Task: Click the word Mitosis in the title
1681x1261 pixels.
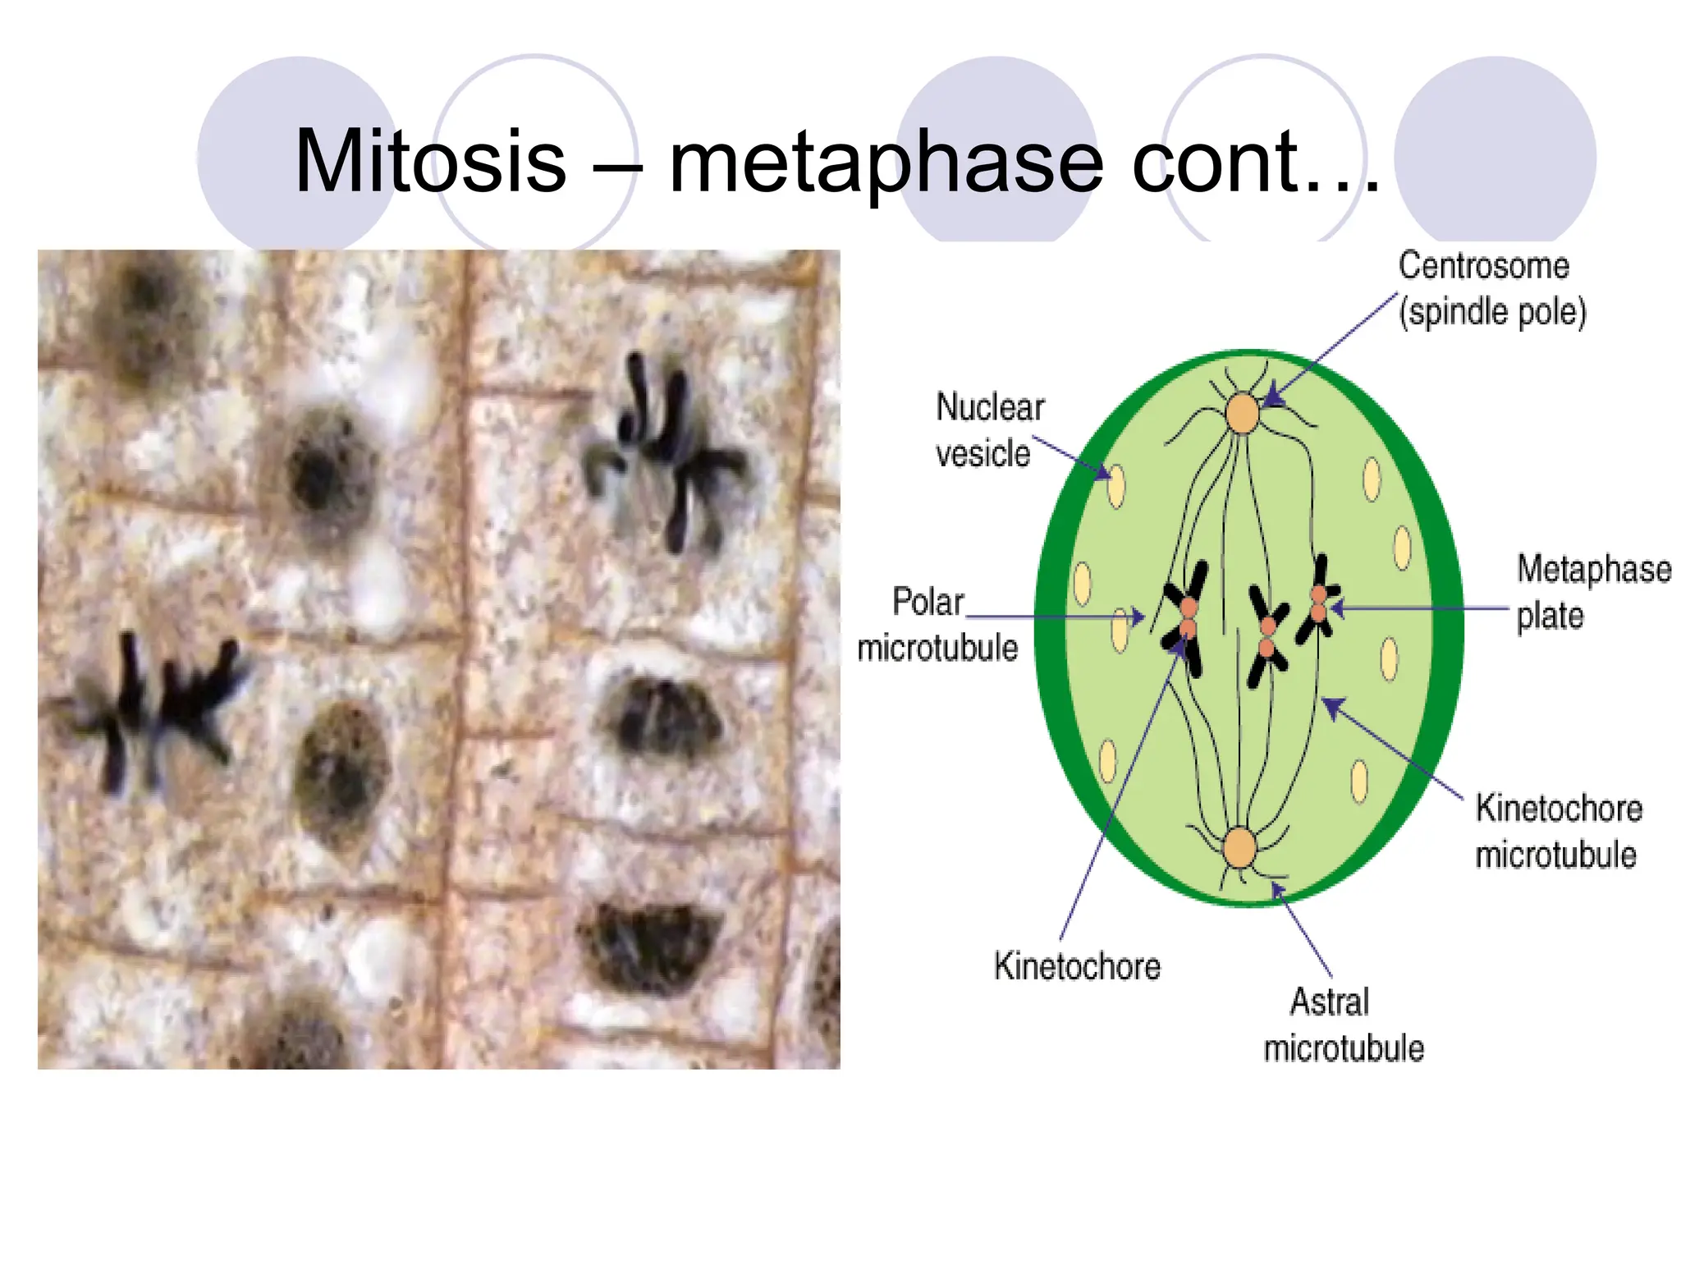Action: point(430,161)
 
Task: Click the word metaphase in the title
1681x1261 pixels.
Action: point(886,163)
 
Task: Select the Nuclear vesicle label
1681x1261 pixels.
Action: point(988,430)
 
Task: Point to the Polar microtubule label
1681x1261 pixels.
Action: point(937,625)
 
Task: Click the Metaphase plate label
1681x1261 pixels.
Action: point(1592,592)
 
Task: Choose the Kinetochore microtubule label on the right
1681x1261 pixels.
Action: point(1558,831)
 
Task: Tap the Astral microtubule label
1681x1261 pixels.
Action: point(1342,1025)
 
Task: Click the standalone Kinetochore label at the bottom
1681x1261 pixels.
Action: point(1076,966)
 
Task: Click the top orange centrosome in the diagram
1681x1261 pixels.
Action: point(1243,413)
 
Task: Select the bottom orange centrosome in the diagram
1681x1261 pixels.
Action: point(1239,848)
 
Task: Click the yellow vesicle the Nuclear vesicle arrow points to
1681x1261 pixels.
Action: point(1116,486)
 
